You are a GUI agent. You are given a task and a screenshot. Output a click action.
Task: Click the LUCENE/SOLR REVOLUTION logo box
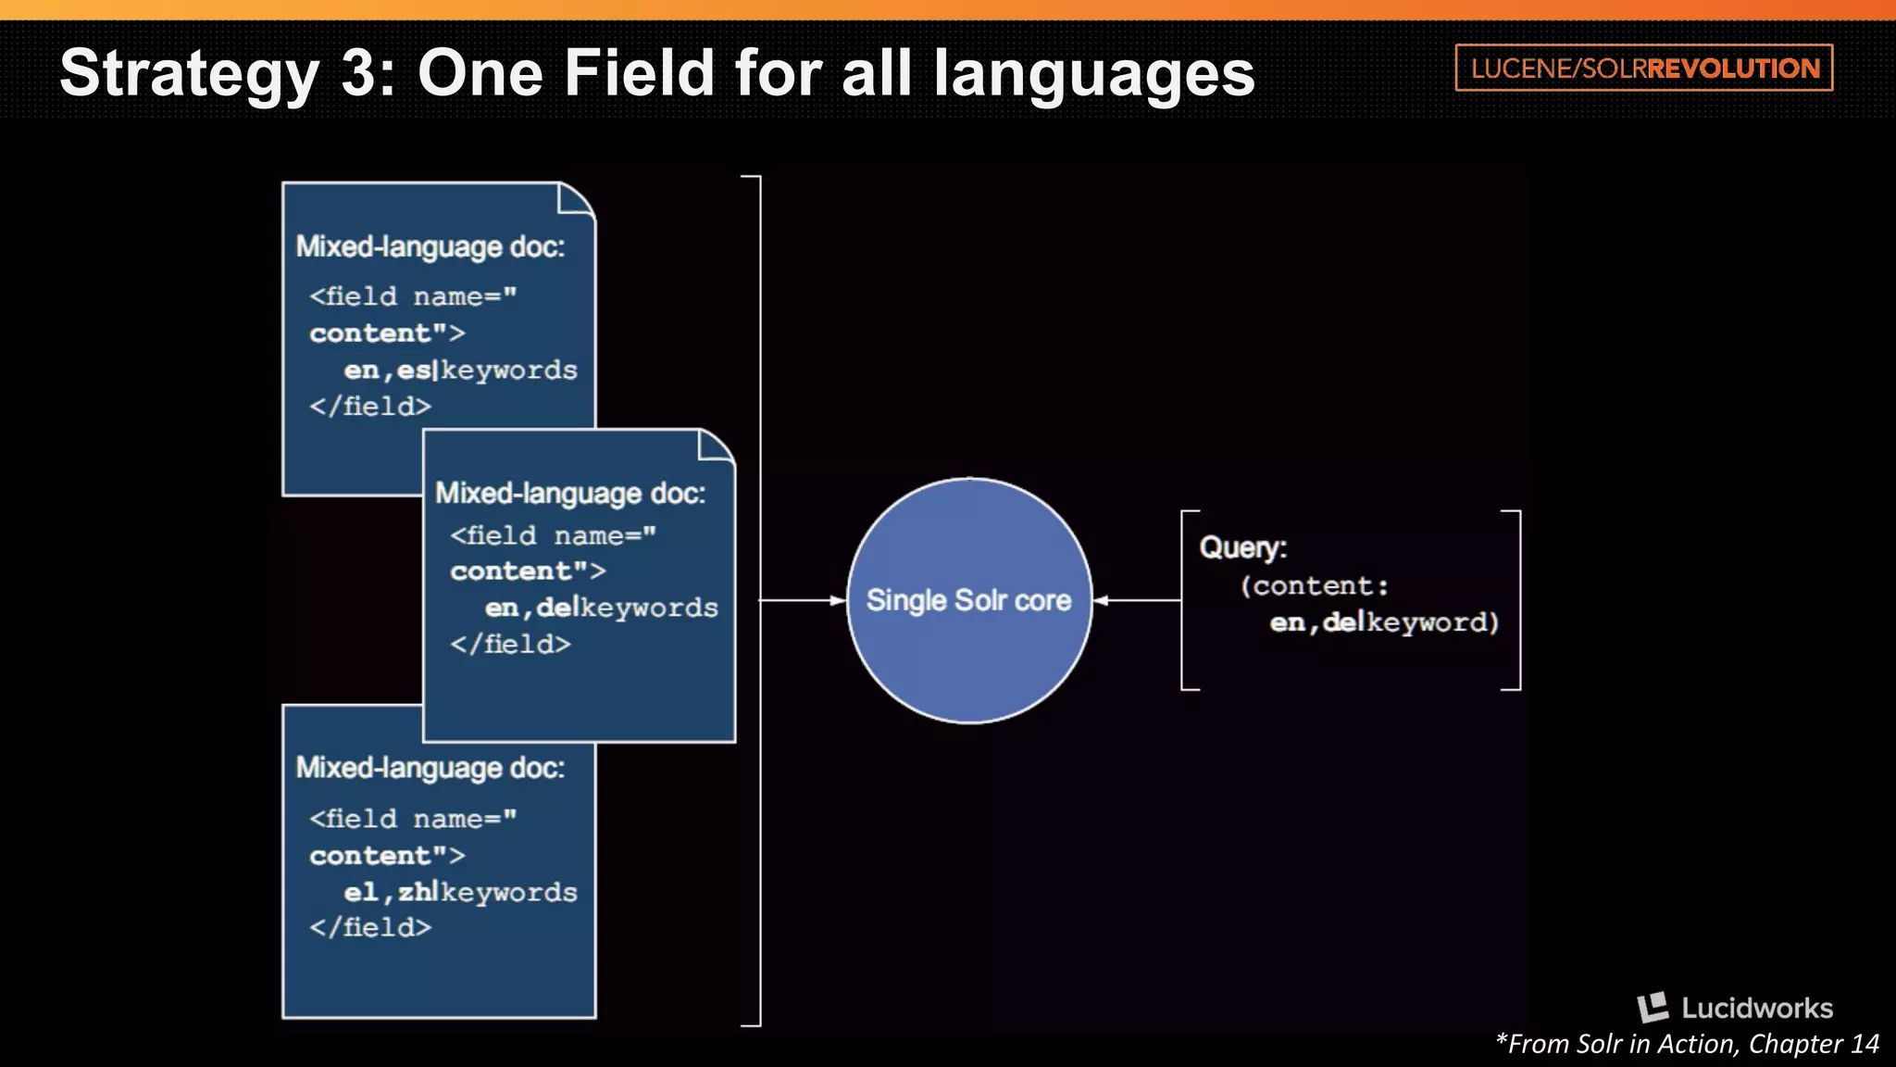1643,68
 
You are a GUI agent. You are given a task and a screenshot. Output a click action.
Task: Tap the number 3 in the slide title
360,72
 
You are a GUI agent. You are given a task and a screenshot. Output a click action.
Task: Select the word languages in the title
1093,74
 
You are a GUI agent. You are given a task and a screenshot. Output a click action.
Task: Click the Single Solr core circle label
968,600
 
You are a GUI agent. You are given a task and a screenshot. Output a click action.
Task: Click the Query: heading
1242,547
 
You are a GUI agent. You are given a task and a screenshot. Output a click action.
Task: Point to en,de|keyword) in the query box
1383,621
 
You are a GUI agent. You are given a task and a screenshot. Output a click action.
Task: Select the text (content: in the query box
1315,585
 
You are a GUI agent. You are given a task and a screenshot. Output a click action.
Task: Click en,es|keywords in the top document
460,370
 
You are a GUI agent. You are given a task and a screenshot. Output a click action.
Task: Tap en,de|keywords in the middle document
601,608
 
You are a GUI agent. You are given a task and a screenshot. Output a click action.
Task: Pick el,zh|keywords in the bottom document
460,892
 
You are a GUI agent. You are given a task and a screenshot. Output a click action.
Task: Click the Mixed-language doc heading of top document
430,247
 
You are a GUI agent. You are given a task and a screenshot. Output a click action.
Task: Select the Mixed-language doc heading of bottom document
430,768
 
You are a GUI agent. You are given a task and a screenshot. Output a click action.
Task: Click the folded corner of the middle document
716,445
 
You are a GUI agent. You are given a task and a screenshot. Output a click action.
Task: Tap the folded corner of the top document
575,198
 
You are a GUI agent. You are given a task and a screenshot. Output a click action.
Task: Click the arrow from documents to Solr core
802,600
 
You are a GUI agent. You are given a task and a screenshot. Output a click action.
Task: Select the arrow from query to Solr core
1137,600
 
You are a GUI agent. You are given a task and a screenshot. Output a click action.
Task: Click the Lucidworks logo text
1755,1008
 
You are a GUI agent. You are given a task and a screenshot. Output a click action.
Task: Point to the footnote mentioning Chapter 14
1687,1044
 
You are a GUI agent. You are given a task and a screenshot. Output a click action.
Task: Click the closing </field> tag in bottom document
370,927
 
